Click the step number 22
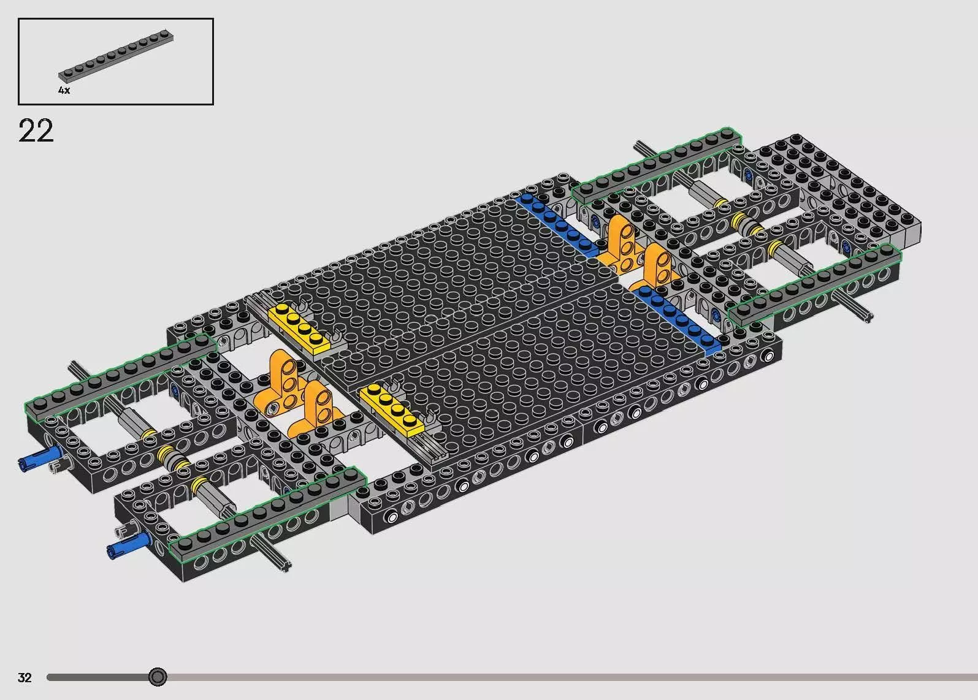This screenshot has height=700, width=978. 36,130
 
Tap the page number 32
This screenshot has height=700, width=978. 25,677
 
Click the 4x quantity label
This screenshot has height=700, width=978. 64,90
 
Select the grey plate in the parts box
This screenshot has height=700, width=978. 116,55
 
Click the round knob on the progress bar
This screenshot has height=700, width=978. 158,677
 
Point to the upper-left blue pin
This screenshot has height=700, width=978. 39,458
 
